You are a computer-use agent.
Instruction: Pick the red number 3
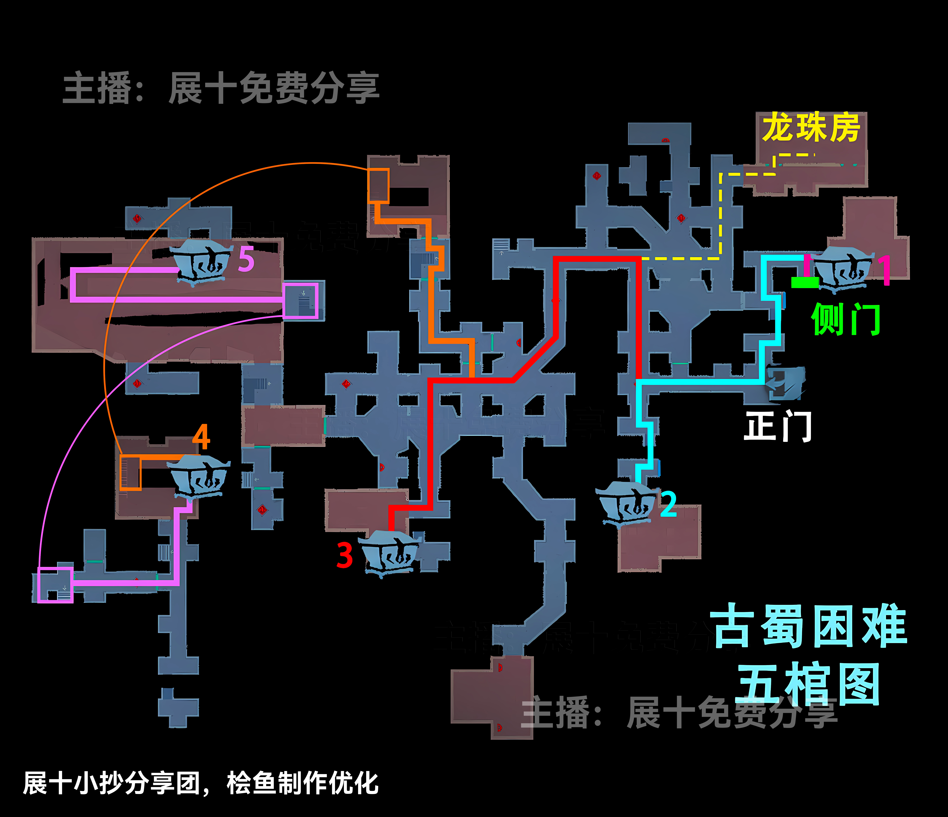point(344,555)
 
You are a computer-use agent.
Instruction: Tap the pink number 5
point(246,259)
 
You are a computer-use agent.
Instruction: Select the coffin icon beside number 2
point(626,503)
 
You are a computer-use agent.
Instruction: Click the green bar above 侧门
point(805,283)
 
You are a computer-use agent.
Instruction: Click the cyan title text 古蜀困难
point(808,626)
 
